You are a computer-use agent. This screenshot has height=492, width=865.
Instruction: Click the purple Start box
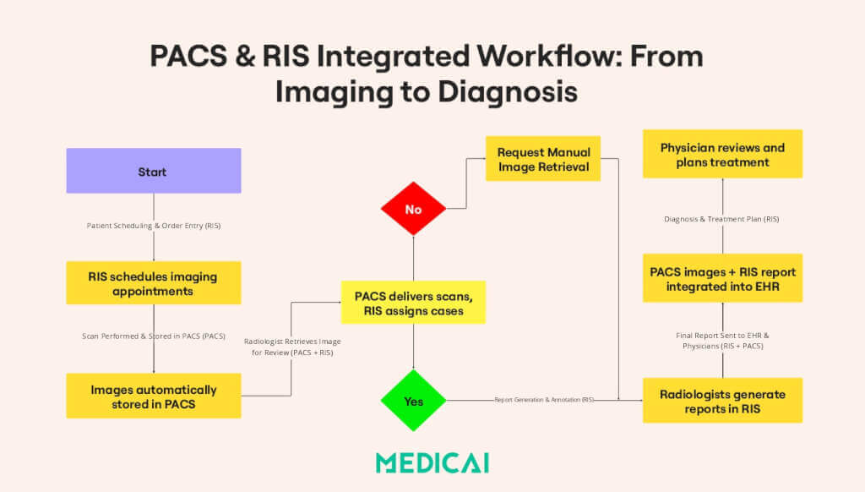pyautogui.click(x=153, y=172)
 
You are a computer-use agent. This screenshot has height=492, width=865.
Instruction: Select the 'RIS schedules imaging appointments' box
pyautogui.click(x=153, y=283)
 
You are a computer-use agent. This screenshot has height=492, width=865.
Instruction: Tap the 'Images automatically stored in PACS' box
pyautogui.click(x=153, y=396)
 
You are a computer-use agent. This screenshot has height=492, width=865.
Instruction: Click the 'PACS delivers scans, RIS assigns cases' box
pyautogui.click(x=413, y=302)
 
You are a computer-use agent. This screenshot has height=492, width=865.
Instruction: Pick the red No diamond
pyautogui.click(x=413, y=209)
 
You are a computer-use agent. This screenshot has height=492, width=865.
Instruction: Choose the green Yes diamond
pyautogui.click(x=413, y=401)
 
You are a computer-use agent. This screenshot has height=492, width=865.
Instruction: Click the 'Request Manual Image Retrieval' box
pyautogui.click(x=543, y=159)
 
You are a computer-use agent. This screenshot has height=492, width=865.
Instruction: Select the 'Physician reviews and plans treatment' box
pyautogui.click(x=722, y=154)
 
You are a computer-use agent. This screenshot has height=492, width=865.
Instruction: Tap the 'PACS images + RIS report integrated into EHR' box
pyautogui.click(x=722, y=278)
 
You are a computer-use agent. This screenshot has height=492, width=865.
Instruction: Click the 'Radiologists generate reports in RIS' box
pyautogui.click(x=722, y=401)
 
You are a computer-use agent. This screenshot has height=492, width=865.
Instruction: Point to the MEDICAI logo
pyautogui.click(x=432, y=462)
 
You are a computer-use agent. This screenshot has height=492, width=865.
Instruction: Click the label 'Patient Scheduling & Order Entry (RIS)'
pyautogui.click(x=153, y=226)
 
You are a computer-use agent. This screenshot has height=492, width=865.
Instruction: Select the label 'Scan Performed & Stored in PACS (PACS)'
pyautogui.click(x=153, y=336)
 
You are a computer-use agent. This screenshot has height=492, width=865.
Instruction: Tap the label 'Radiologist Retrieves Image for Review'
pyautogui.click(x=293, y=346)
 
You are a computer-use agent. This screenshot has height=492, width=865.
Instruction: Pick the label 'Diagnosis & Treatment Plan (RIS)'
pyautogui.click(x=722, y=218)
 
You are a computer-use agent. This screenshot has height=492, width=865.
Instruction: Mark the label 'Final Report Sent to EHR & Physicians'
pyautogui.click(x=722, y=340)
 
